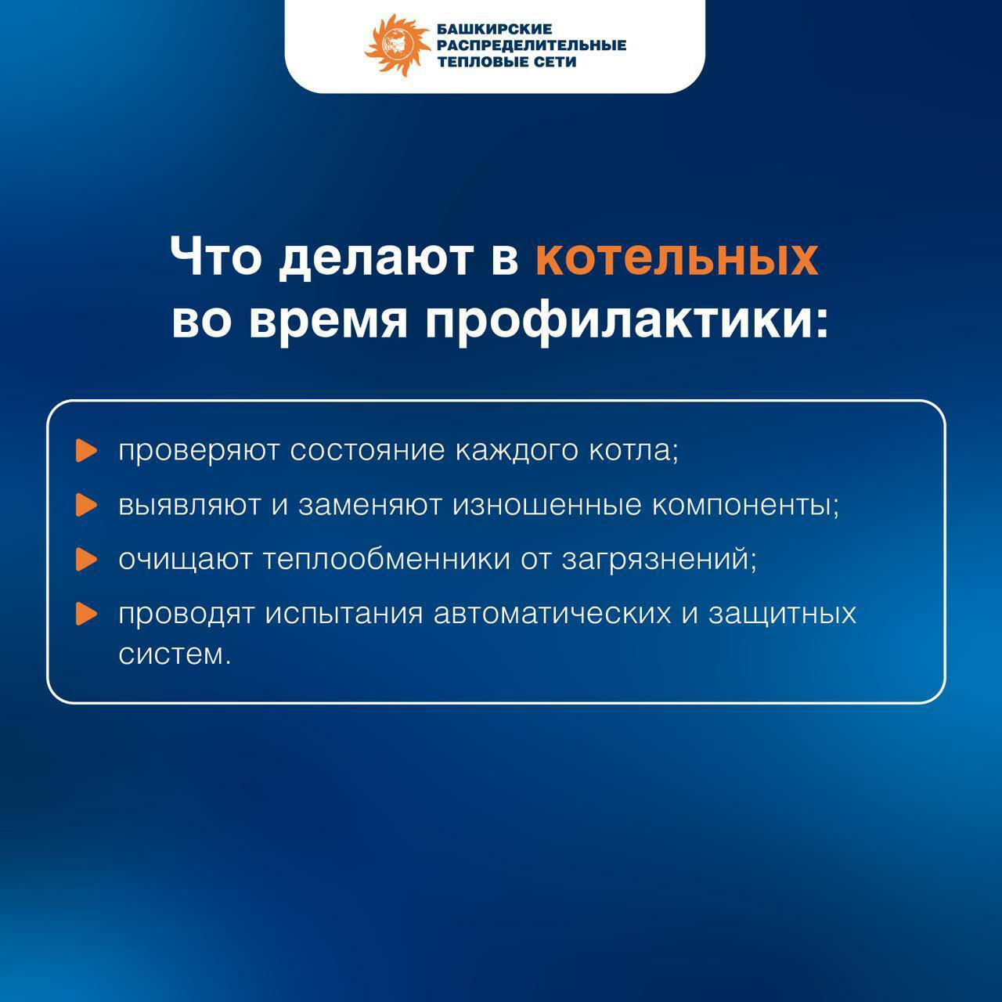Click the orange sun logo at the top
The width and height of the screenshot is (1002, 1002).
point(398,45)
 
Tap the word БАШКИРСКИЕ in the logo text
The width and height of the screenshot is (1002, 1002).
point(494,29)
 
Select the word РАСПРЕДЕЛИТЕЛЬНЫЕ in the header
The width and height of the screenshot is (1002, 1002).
point(532,45)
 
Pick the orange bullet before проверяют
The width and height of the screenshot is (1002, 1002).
point(86,450)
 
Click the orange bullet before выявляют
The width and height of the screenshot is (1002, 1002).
point(86,505)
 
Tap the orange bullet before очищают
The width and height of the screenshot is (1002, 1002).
point(86,560)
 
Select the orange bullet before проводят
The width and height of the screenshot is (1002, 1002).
point(86,614)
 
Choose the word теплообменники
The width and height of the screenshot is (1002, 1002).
point(387,560)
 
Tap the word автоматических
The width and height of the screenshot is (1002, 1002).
point(552,614)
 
